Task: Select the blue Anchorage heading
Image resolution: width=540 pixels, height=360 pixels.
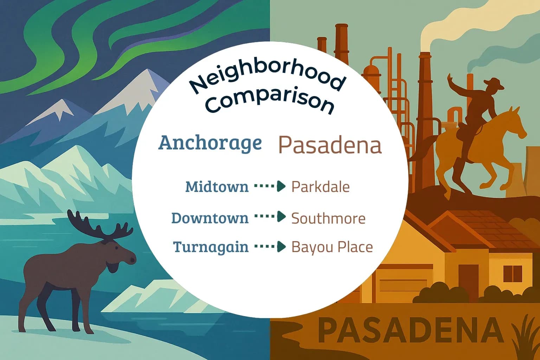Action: pos(210,143)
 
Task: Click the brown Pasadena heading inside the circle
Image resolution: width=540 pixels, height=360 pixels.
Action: pos(330,145)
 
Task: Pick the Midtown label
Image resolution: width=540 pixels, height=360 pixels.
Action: pos(217,187)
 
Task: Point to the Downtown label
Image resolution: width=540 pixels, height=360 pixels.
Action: pos(210,218)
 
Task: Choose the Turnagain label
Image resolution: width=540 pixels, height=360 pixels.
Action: pos(211,247)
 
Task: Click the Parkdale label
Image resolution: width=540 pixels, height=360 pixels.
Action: pos(320,187)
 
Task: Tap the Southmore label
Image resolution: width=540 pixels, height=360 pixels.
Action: pos(328,218)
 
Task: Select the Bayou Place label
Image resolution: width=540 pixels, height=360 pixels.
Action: pos(332,247)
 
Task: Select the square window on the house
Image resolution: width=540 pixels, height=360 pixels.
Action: pos(513,274)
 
